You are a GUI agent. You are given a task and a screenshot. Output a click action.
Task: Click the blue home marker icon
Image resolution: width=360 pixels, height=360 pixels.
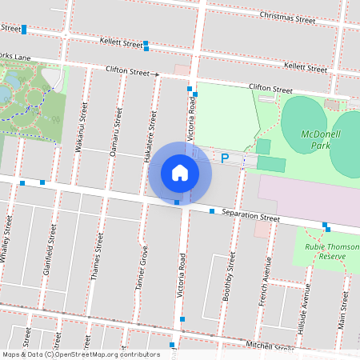coord(180,173)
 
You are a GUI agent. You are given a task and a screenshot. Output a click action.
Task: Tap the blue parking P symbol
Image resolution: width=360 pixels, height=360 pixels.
coord(225,158)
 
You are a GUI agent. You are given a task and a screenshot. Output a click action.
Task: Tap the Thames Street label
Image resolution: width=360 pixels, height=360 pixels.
coord(98,255)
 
